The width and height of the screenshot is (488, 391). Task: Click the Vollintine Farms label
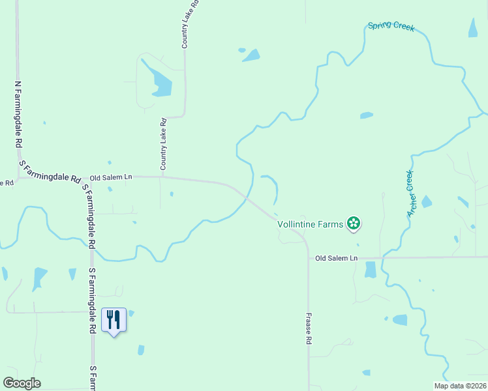tap(311, 224)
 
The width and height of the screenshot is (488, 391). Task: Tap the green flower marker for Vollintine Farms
tap(354, 224)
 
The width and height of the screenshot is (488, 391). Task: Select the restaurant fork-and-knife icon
tap(114, 319)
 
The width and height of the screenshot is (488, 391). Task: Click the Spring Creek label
tap(391, 26)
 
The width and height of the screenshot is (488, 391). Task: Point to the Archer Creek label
tap(410, 194)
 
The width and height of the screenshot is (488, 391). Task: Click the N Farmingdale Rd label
tap(18, 114)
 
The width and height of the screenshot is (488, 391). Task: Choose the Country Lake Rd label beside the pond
tap(164, 143)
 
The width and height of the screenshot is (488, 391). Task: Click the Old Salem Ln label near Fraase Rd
tap(337, 258)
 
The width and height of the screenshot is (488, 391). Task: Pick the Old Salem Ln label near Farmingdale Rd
tap(111, 177)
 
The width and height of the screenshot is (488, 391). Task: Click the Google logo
tap(22, 383)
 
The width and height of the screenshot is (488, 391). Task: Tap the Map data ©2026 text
tap(459, 386)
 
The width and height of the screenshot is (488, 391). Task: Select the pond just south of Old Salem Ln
tap(371, 269)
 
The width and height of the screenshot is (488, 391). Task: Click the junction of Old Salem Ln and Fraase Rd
tap(308, 257)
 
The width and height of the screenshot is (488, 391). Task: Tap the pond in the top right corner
tap(472, 27)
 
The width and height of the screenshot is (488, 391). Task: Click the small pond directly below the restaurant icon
tap(141, 350)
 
